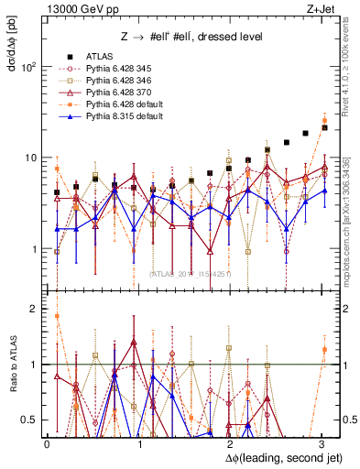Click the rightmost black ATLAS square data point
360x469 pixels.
click(x=324, y=127)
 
